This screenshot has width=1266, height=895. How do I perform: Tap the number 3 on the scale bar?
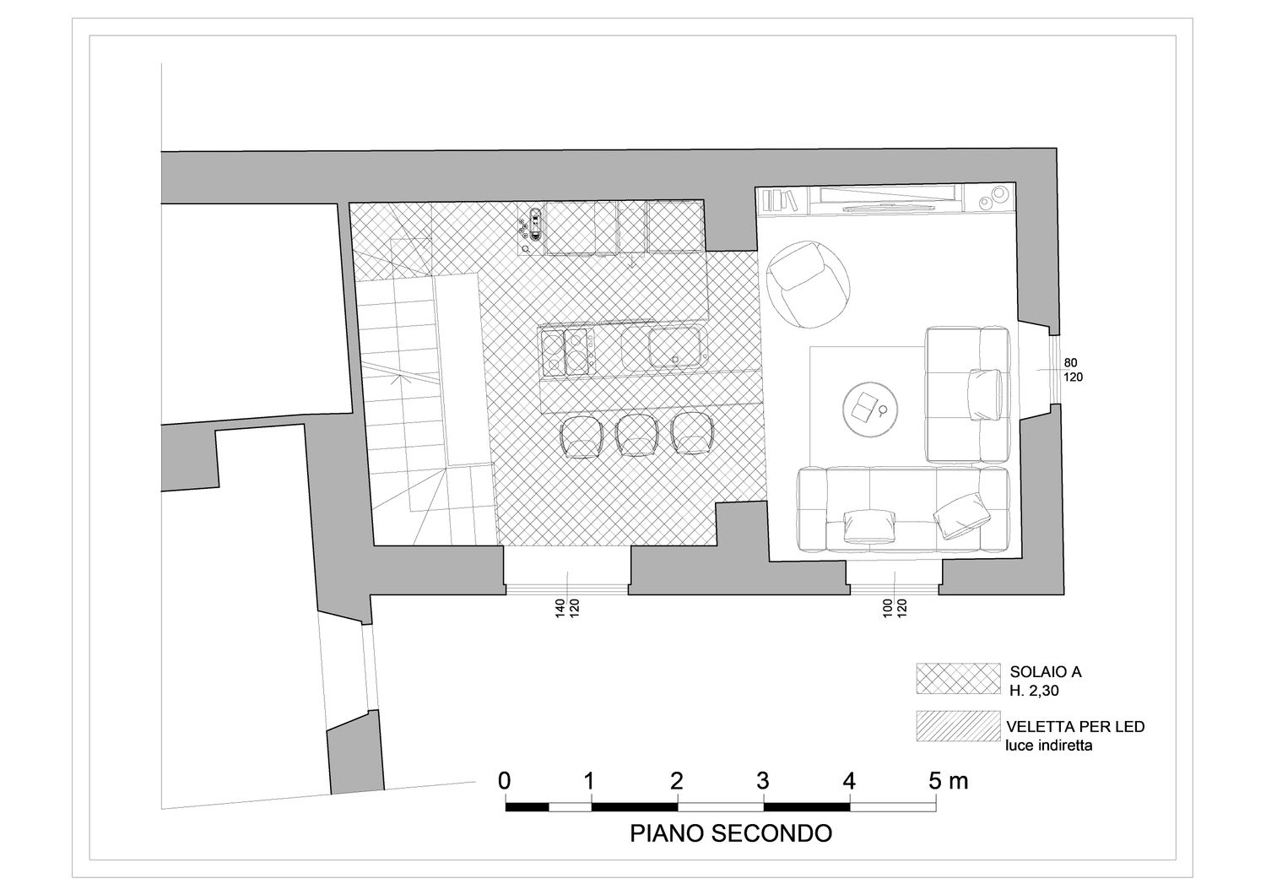tap(763, 781)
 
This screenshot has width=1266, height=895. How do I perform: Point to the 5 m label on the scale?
tap(949, 781)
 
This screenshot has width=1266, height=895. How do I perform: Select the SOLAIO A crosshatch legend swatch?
tap(959, 679)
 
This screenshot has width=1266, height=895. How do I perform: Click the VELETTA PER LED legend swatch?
tap(959, 726)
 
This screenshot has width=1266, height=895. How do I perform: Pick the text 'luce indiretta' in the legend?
tap(1049, 746)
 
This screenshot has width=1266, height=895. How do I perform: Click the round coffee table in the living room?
tap(870, 409)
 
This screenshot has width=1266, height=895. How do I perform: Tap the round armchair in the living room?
tap(809, 284)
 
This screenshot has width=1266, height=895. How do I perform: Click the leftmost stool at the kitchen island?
tap(581, 437)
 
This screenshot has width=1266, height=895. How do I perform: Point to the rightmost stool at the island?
tap(691, 434)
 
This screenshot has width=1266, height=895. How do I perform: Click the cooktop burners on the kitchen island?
tap(567, 352)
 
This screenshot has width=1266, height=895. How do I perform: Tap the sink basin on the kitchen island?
tap(674, 348)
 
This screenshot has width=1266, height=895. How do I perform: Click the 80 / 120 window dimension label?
tap(1073, 370)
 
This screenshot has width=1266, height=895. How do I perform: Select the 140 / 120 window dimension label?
tap(567, 608)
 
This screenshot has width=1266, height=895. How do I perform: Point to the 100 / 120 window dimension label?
tap(895, 608)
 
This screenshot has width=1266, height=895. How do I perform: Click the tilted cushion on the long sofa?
tap(962, 515)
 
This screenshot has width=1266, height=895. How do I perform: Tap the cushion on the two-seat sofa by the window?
tap(985, 394)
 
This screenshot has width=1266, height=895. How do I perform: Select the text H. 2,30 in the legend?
tap(1034, 691)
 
